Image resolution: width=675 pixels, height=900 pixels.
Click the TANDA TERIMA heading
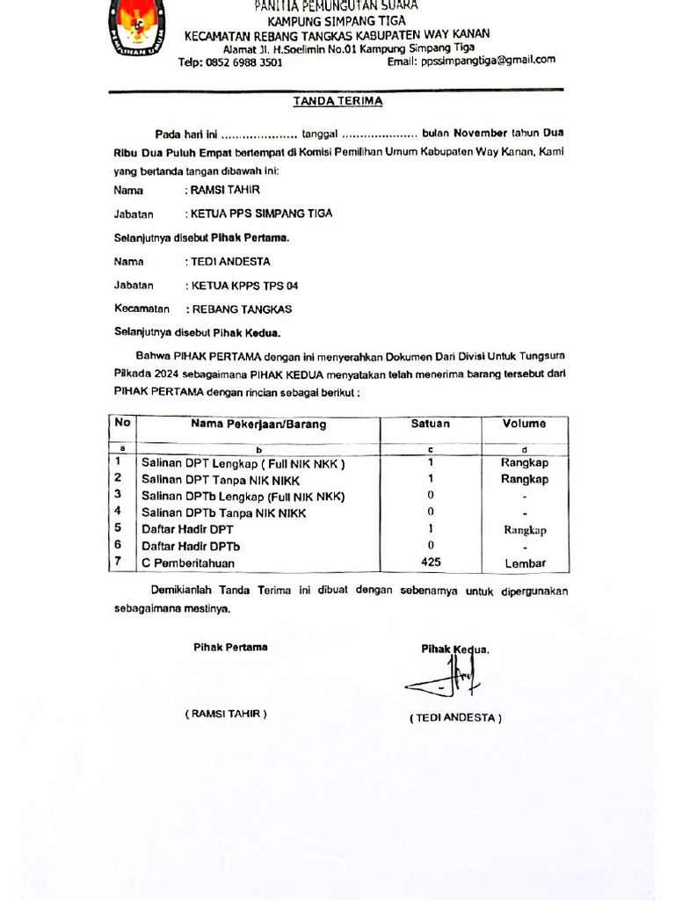tap(337, 101)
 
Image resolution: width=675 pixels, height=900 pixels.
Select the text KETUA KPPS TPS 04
tap(238, 285)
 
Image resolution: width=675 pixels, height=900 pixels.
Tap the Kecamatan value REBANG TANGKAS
tap(242, 309)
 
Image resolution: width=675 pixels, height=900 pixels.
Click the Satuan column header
tap(430, 424)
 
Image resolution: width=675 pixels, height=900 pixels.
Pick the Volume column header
tap(524, 424)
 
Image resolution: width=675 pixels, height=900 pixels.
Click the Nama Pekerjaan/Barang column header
tap(258, 425)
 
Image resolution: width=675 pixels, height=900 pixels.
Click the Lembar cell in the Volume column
tap(525, 563)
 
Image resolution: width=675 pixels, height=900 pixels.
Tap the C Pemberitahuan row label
tap(191, 562)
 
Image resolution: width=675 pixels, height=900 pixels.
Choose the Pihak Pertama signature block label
tap(230, 648)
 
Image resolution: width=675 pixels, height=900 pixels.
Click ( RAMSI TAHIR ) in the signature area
tap(226, 715)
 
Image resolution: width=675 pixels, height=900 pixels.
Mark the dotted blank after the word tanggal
tap(379, 134)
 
